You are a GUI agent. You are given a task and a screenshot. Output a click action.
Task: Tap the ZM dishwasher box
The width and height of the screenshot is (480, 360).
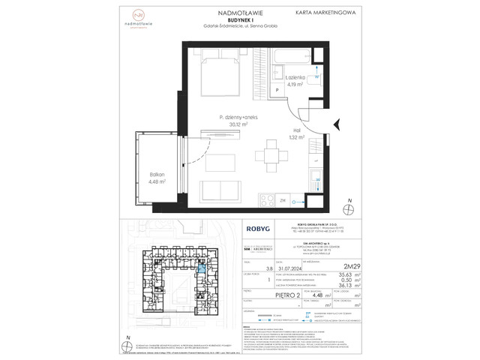click(x=283, y=200)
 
